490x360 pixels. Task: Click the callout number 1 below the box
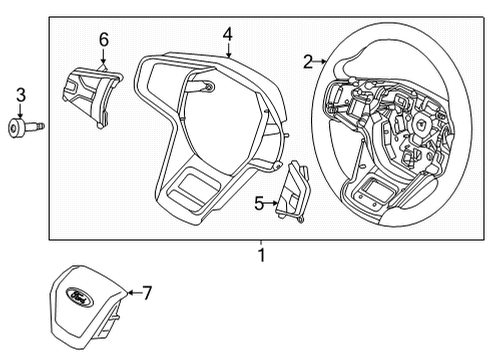(x=261, y=256)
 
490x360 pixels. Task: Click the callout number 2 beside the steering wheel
(x=308, y=62)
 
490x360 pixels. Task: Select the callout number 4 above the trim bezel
(x=228, y=35)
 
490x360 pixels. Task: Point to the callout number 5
(x=258, y=204)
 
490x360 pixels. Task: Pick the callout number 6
(x=103, y=39)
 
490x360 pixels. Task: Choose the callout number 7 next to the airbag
(x=146, y=293)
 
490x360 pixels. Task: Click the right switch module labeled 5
(x=293, y=190)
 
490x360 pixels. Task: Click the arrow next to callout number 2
(x=321, y=62)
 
